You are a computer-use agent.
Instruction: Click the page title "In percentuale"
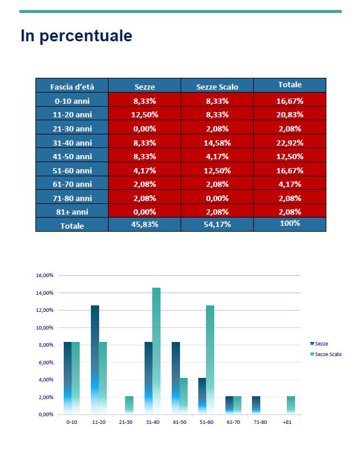click(x=76, y=36)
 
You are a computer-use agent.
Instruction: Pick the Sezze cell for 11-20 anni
click(x=145, y=114)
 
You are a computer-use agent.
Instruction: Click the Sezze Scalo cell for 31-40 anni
click(x=217, y=143)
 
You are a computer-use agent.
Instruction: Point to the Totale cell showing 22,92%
click(x=290, y=143)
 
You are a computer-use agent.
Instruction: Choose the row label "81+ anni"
click(x=72, y=212)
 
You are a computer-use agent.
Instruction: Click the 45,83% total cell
click(x=145, y=224)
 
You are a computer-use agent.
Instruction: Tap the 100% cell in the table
click(x=290, y=224)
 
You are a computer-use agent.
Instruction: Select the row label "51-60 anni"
click(x=72, y=170)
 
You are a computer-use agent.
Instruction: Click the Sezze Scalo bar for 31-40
click(x=156, y=351)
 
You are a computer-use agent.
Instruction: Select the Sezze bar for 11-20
click(x=95, y=360)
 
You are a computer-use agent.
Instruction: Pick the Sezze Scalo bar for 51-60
click(x=210, y=360)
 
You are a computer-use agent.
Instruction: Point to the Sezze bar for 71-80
click(x=256, y=405)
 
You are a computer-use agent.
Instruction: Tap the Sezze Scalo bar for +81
click(x=291, y=405)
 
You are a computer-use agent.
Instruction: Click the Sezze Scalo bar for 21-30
click(x=129, y=405)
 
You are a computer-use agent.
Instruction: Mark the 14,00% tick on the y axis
click(x=45, y=293)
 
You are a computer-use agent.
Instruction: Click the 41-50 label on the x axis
click(x=179, y=422)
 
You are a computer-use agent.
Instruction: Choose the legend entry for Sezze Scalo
click(x=326, y=354)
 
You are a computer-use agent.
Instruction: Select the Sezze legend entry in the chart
click(x=319, y=344)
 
